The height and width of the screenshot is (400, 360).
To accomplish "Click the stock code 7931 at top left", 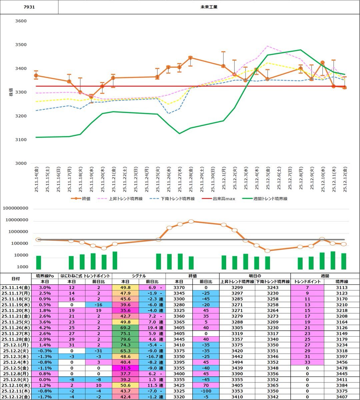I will (x=29, y=7).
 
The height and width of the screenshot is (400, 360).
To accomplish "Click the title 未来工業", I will (x=209, y=7).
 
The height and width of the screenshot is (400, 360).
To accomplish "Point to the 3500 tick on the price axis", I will (x=21, y=45).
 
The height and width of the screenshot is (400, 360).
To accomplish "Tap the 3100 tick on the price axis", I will (x=21, y=140).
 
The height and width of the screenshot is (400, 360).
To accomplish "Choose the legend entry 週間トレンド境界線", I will (x=270, y=199).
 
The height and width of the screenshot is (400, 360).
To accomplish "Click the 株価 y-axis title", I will (x=11, y=92).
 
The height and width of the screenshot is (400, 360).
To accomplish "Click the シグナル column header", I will (x=139, y=276).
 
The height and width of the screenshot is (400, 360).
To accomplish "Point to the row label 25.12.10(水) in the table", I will (x=15, y=385).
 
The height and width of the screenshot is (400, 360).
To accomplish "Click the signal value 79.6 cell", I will (x=125, y=339).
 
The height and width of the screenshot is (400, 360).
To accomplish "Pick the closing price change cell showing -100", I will (x=206, y=391).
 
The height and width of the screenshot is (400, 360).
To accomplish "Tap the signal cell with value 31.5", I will (x=125, y=368).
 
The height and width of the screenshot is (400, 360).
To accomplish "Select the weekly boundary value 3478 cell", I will (x=342, y=368).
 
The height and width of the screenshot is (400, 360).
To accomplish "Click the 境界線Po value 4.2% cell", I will (x=45, y=328).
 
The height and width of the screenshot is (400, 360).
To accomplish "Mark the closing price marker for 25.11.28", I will (x=190, y=58).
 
